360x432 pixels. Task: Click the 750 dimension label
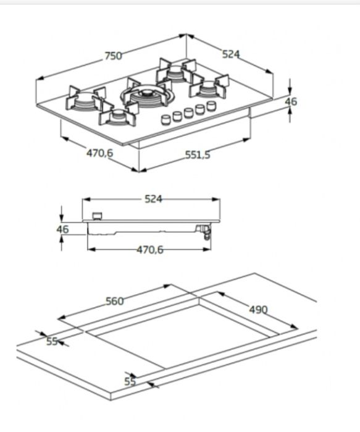point(113,56)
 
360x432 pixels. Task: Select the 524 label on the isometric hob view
point(231,54)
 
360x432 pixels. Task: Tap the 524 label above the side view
point(154,199)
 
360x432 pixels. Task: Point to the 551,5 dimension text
point(198,155)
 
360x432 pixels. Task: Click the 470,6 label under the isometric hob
point(99,153)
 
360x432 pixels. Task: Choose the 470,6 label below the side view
point(150,250)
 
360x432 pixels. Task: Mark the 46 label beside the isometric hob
point(291,101)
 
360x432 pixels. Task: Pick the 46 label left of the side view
point(62,229)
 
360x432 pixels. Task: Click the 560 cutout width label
point(115,301)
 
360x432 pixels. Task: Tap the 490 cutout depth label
point(259,310)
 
